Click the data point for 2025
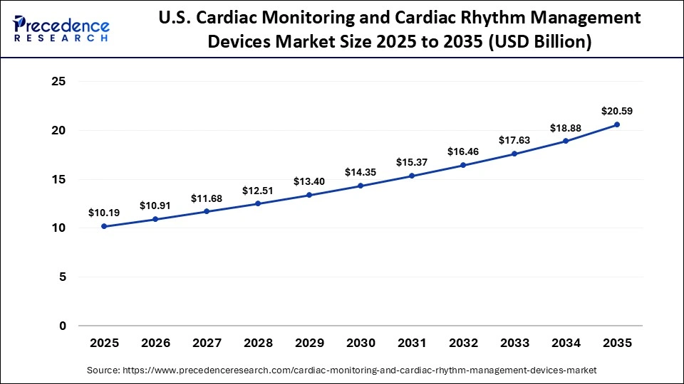click(x=104, y=226)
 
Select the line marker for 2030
click(x=361, y=186)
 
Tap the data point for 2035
click(x=617, y=124)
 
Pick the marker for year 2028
click(x=258, y=203)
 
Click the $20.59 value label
click(x=617, y=111)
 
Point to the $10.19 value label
click(x=104, y=212)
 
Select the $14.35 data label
click(x=361, y=172)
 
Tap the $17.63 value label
click(x=514, y=140)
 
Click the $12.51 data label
click(x=258, y=190)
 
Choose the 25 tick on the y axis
click(x=59, y=82)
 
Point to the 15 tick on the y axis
click(x=59, y=180)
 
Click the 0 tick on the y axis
click(x=63, y=326)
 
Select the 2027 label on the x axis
click(x=207, y=343)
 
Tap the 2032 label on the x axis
click(x=463, y=343)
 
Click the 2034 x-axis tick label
click(x=566, y=343)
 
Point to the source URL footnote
click(x=342, y=370)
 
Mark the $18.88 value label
click(x=566, y=127)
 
